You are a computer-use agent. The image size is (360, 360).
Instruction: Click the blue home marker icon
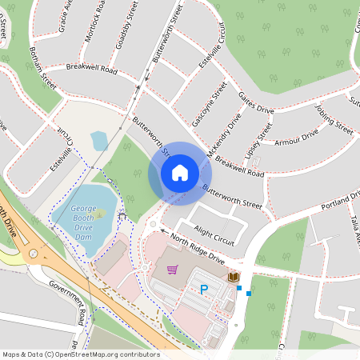tap(180, 173)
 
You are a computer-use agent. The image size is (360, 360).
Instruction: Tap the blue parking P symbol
tap(204, 289)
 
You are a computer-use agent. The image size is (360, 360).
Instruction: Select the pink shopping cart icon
tap(172, 270)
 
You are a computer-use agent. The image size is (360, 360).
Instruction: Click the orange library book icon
tap(233, 277)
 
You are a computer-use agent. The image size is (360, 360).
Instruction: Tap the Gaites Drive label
tap(256, 102)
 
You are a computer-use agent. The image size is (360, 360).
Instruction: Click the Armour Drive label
tap(296, 138)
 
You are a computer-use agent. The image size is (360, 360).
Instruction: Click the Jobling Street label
tap(334, 118)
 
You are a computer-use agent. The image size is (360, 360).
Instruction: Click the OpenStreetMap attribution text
tap(80, 354)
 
